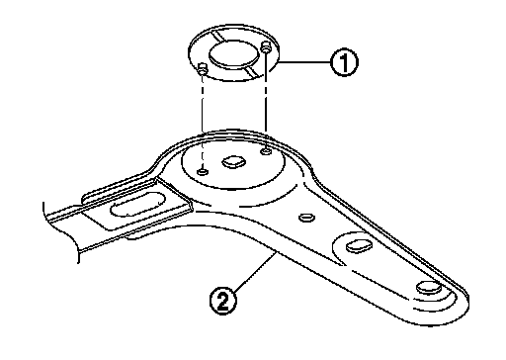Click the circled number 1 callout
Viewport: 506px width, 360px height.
(344, 62)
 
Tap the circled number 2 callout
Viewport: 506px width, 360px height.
(223, 301)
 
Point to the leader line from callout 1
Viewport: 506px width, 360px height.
(304, 61)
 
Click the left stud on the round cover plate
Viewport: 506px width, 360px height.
(203, 69)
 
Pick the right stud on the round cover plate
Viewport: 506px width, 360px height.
(266, 46)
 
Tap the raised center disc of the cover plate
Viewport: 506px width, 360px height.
(233, 54)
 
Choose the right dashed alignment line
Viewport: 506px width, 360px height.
(266, 99)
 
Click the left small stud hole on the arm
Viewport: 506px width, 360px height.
(203, 171)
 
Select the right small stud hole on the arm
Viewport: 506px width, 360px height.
(266, 151)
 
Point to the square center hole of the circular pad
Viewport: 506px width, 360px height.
(233, 161)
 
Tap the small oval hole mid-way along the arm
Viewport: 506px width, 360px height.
(306, 218)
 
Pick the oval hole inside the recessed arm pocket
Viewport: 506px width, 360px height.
(359, 246)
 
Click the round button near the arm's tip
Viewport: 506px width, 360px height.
(429, 287)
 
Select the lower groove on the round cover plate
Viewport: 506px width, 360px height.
(254, 71)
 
